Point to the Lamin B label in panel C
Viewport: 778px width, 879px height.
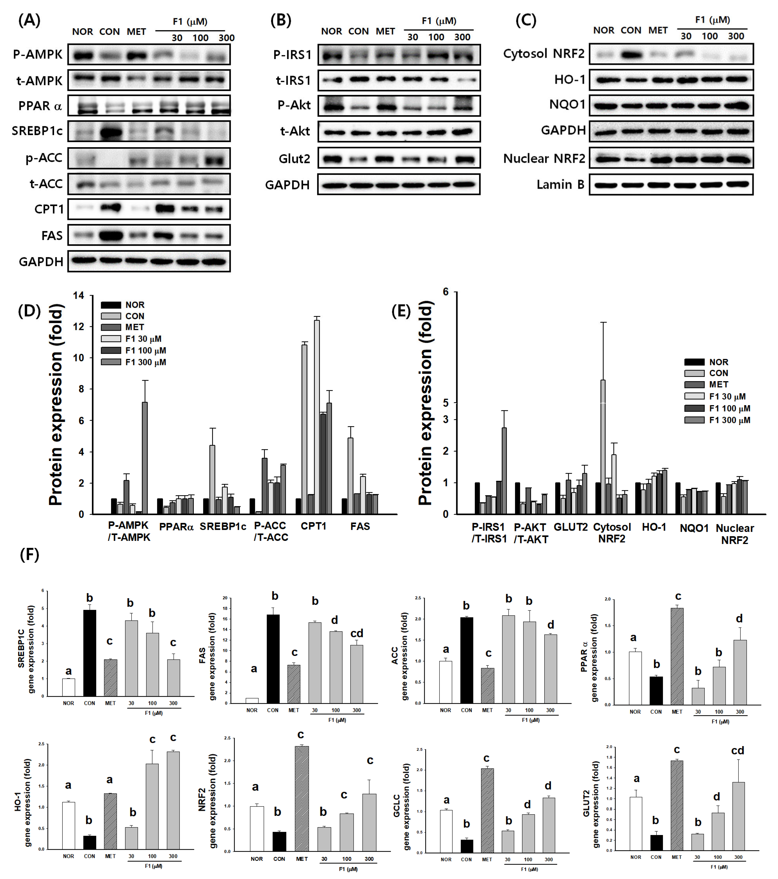click(x=560, y=185)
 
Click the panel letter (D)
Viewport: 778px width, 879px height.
click(x=29, y=310)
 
